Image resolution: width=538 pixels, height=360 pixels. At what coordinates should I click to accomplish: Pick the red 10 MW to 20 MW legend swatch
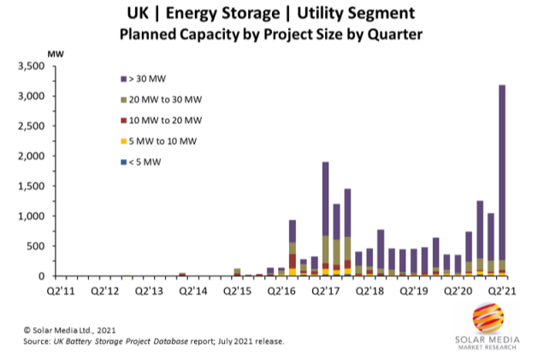[124, 121]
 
